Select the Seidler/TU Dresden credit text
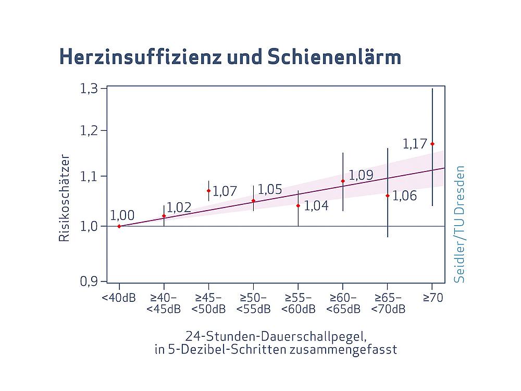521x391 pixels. click(459, 224)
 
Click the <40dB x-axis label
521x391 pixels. click(119, 298)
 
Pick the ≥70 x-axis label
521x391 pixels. click(432, 298)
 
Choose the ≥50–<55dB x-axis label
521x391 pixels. click(253, 303)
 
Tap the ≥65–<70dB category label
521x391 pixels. click(388, 303)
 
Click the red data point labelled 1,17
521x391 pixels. click(432, 144)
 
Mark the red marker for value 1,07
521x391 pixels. click(208, 191)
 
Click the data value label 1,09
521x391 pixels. click(361, 175)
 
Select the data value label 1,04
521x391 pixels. click(316, 206)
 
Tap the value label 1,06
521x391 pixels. click(404, 196)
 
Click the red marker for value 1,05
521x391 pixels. click(253, 201)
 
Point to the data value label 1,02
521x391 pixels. click(179, 207)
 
